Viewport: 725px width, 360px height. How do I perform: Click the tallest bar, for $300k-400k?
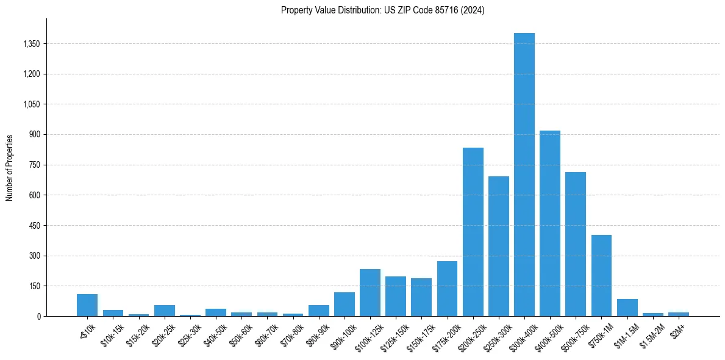[x=524, y=175]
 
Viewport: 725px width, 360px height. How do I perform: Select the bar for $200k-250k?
[x=473, y=232]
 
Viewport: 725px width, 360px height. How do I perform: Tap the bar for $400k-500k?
[x=550, y=223]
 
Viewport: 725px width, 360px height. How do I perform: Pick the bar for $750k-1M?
[x=601, y=275]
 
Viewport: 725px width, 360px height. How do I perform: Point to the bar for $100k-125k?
[x=370, y=292]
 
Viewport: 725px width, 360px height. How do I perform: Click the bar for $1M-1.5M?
[x=627, y=308]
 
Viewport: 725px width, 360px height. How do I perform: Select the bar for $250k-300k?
[x=499, y=246]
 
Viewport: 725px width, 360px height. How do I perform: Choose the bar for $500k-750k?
[x=576, y=244]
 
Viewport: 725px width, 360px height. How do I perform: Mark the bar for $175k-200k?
[x=447, y=289]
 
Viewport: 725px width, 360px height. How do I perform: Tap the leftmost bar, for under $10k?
[x=87, y=305]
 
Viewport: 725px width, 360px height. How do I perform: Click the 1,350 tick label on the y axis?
[x=30, y=44]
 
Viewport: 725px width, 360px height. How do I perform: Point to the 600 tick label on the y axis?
[x=34, y=195]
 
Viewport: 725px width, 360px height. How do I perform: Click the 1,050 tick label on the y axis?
[x=30, y=104]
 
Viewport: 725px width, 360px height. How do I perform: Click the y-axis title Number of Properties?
[x=10, y=167]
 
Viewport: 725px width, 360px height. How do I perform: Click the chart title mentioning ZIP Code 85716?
[x=383, y=10]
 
